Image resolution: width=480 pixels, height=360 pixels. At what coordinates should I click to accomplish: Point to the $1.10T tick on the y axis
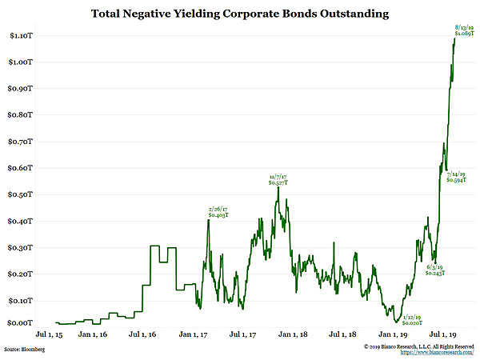pos(21,36)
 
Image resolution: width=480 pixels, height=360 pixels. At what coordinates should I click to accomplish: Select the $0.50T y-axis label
pos(21,194)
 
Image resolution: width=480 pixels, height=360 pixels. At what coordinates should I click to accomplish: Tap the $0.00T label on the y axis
pos(21,323)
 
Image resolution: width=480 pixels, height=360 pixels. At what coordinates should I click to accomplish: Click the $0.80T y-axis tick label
pos(21,115)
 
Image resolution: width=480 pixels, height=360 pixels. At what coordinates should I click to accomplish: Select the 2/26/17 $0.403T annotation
pos(218,211)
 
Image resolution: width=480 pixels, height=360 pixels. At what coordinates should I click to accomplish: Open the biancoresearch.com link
pos(438,353)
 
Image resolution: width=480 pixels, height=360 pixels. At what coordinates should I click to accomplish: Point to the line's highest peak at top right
pos(454,40)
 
